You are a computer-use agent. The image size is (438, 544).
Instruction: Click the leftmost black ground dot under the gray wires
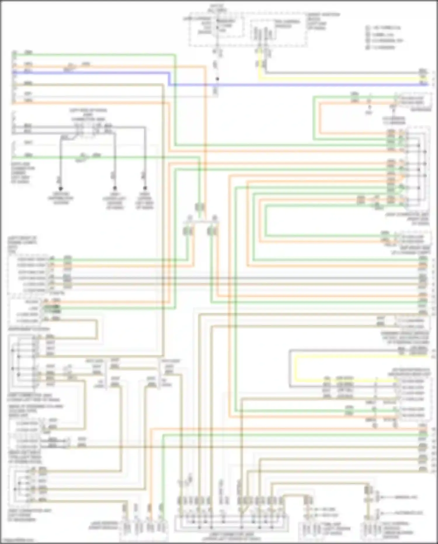coord(61,188)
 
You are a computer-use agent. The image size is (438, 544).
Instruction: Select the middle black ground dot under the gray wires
coord(115,188)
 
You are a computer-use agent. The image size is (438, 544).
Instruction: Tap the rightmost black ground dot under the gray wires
coord(145,188)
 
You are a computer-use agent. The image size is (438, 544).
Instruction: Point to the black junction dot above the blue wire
coord(217,79)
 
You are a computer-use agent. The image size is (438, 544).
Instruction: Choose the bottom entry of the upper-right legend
coord(381,47)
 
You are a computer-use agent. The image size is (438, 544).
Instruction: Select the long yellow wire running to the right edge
coord(336,79)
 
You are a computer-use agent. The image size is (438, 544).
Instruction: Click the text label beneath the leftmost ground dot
coord(61,198)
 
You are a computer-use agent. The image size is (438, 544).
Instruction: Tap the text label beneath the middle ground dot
coord(114,201)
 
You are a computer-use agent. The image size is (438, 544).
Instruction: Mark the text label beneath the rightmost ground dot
coord(145,201)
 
